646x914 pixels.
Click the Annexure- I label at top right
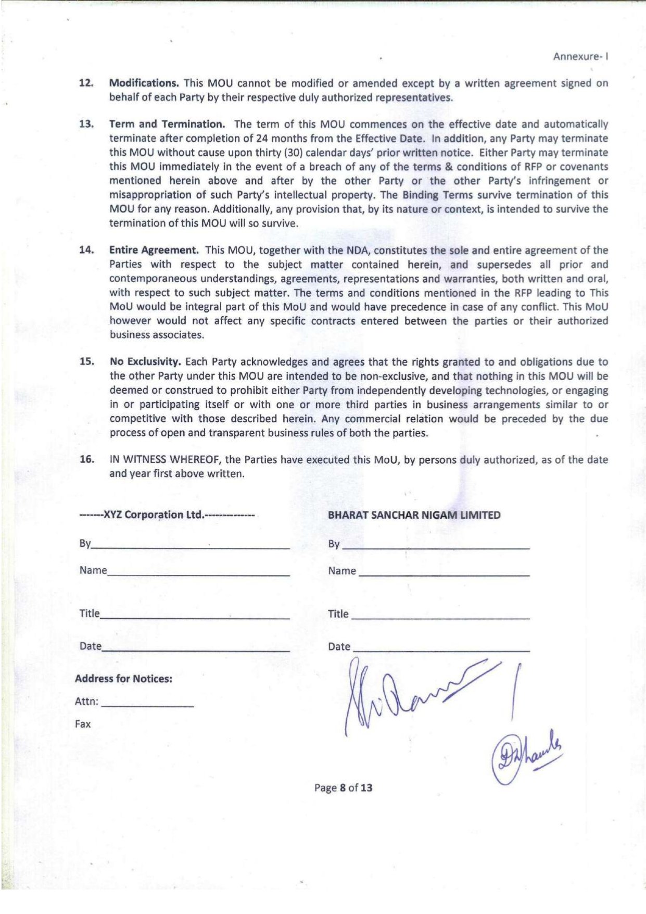tap(580, 56)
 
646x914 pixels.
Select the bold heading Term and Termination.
tap(167, 124)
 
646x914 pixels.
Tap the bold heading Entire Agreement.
tap(154, 250)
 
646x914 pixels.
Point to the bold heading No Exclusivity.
tap(145, 361)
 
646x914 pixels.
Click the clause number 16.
tap(87, 459)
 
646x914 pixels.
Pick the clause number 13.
tap(86, 124)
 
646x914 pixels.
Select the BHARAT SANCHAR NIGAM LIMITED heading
tap(414, 515)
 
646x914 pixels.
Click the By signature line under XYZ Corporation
tap(190, 548)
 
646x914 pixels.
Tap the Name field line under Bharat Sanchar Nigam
tap(444, 574)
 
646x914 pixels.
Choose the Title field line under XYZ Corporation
tap(194, 618)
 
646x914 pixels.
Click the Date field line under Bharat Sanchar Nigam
tap(441, 651)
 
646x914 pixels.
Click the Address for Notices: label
tap(123, 679)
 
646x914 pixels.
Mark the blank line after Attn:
tap(147, 706)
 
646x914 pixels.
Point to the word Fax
tap(83, 724)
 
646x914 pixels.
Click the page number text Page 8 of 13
tap(343, 787)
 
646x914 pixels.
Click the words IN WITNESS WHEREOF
tap(166, 459)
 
